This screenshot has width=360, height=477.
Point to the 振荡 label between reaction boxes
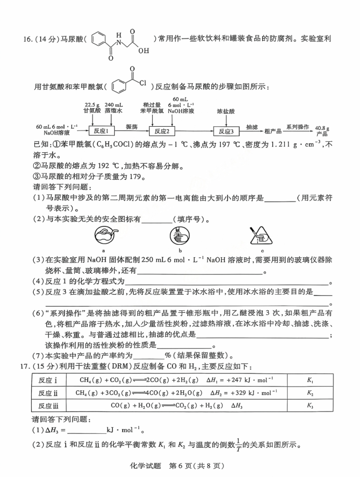coord(131,127)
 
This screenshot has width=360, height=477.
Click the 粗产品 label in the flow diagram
coord(273,131)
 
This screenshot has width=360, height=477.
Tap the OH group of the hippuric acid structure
coord(143,51)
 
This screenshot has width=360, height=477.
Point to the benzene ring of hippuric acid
coord(100,39)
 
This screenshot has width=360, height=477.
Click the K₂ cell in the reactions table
coord(310,393)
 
